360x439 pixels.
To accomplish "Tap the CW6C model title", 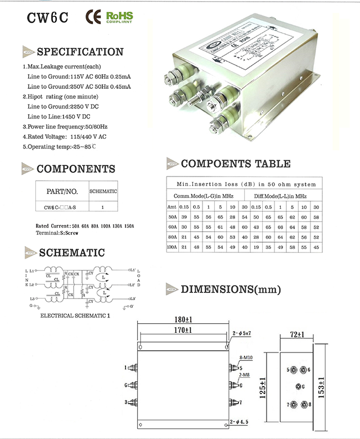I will point(48,19).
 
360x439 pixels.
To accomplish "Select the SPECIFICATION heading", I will point(79,52).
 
